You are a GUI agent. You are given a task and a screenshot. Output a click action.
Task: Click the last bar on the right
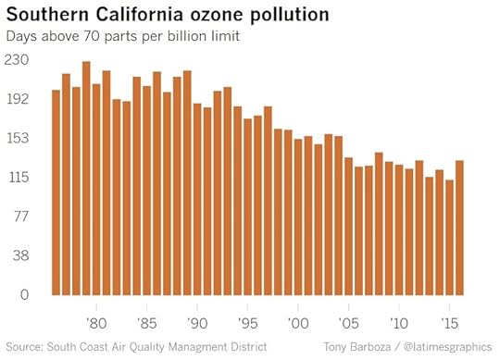[x=459, y=230]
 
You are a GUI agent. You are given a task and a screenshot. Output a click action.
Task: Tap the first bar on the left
[x=56, y=194]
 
